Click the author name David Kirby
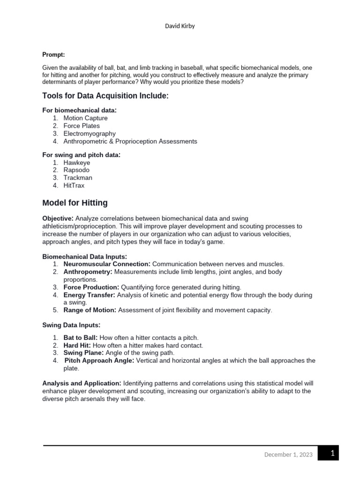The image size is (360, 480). [180, 26]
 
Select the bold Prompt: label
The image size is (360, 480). [53, 55]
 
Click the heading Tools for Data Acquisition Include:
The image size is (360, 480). [105, 96]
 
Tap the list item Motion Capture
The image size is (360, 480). [85, 118]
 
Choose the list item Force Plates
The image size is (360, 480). [82, 126]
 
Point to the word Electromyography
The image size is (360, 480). [90, 134]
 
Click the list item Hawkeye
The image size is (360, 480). [77, 163]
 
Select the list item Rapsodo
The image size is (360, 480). [76, 170]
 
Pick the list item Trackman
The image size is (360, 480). [78, 178]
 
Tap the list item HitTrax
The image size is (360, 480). [74, 185]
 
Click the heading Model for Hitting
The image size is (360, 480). [75, 203]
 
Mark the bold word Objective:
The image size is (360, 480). [58, 218]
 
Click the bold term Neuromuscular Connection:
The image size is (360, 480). [107, 264]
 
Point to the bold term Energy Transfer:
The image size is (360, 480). [89, 295]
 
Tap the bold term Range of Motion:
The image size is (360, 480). [90, 310]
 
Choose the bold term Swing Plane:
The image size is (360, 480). [83, 352]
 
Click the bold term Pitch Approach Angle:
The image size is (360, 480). [99, 360]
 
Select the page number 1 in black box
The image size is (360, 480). [332, 453]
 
